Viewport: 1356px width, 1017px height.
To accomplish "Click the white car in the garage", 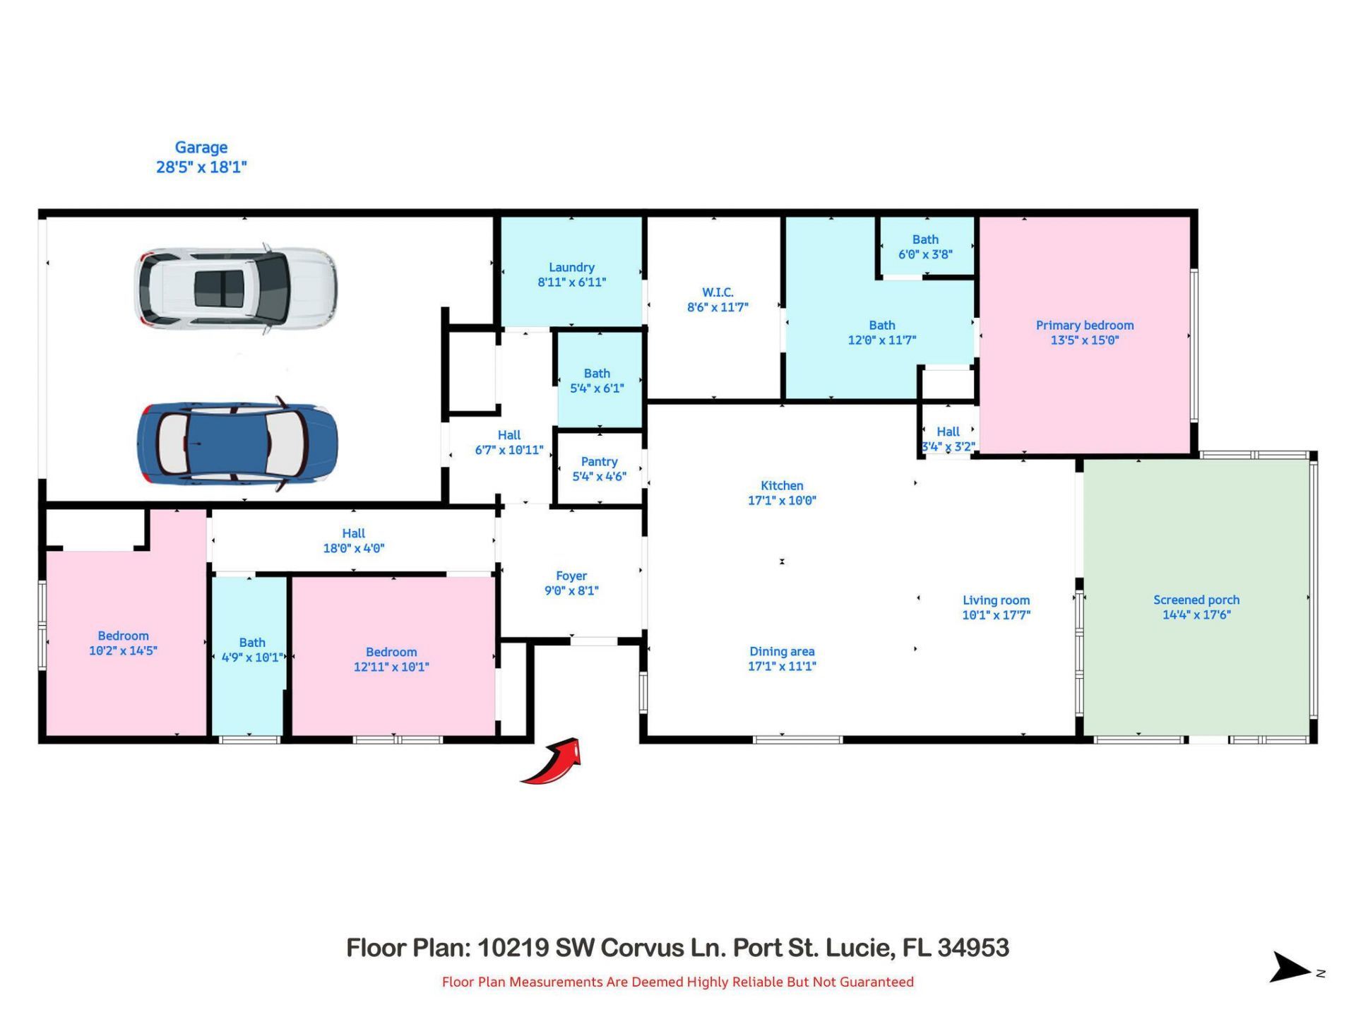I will point(235,288).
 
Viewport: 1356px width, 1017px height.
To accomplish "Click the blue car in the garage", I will point(237,444).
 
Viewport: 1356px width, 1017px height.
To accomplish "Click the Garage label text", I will point(201,148).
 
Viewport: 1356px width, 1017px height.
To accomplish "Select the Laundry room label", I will point(571,268).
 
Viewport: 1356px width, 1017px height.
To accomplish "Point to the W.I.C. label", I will point(718,292).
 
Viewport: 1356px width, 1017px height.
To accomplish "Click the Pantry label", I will point(599,462).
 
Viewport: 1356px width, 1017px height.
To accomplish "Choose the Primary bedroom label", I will point(1084,326).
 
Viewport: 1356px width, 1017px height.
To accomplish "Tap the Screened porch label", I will point(1196,600).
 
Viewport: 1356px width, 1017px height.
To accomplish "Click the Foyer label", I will point(571,576).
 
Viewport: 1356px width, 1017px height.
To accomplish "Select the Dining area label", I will point(782,652).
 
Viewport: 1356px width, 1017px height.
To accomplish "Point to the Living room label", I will point(996,600).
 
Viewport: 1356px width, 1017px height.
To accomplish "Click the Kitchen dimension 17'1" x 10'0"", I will point(782,501).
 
